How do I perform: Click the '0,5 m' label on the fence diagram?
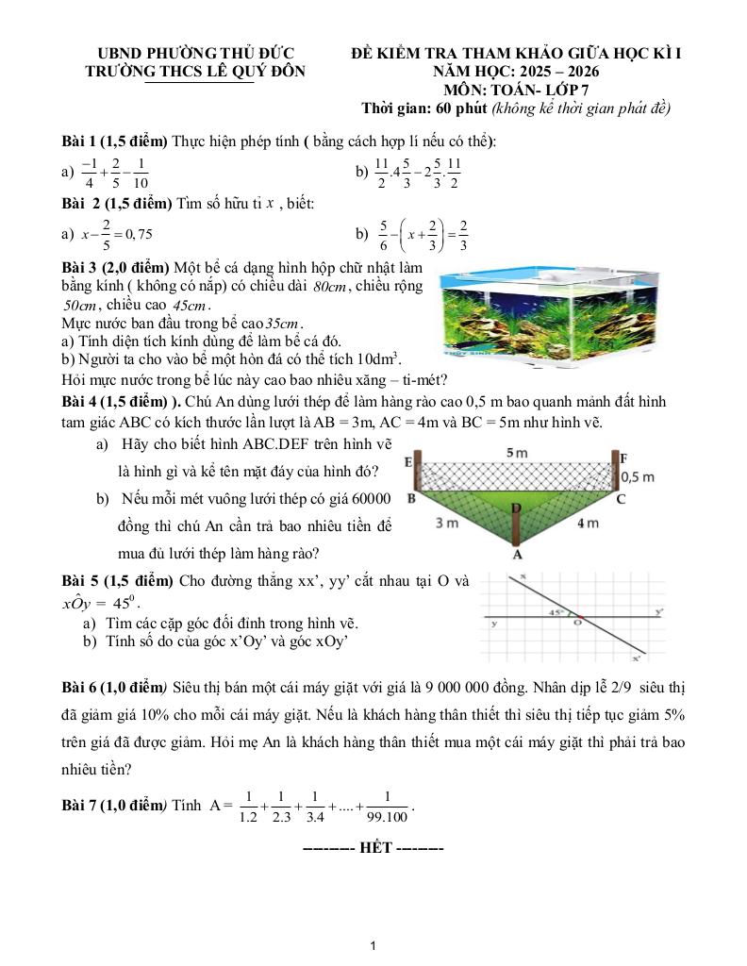point(639,477)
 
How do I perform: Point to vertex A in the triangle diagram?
point(517,555)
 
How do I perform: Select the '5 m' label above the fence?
point(517,453)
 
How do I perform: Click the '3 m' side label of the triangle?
point(447,523)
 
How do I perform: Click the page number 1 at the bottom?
point(374,945)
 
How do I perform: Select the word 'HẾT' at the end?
point(373,847)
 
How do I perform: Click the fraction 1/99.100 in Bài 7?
point(388,806)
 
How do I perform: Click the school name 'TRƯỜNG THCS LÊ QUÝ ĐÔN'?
point(195,71)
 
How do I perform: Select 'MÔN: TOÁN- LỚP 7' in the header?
point(515,90)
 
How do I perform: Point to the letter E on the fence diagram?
point(409,462)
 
